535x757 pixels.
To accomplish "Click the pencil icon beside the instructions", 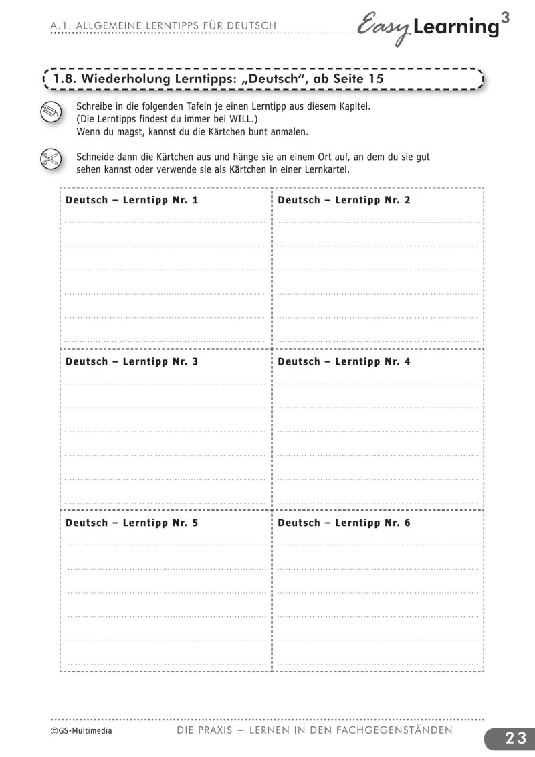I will (50, 112).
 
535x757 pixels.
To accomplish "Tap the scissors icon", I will (50, 161).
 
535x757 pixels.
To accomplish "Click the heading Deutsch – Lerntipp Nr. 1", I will (132, 200).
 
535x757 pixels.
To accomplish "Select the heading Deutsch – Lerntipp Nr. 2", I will (344, 200).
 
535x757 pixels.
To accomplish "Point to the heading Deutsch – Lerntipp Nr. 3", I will (132, 361).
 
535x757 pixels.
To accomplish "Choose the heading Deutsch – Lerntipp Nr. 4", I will (344, 361).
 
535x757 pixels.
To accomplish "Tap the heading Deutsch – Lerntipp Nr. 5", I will (132, 523).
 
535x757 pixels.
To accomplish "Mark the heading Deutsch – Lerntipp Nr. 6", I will (344, 523).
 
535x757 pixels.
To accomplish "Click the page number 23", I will (516, 738).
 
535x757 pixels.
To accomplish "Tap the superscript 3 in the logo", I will (504, 18).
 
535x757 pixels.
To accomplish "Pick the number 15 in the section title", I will (375, 79).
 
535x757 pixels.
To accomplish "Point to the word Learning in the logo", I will (456, 27).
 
